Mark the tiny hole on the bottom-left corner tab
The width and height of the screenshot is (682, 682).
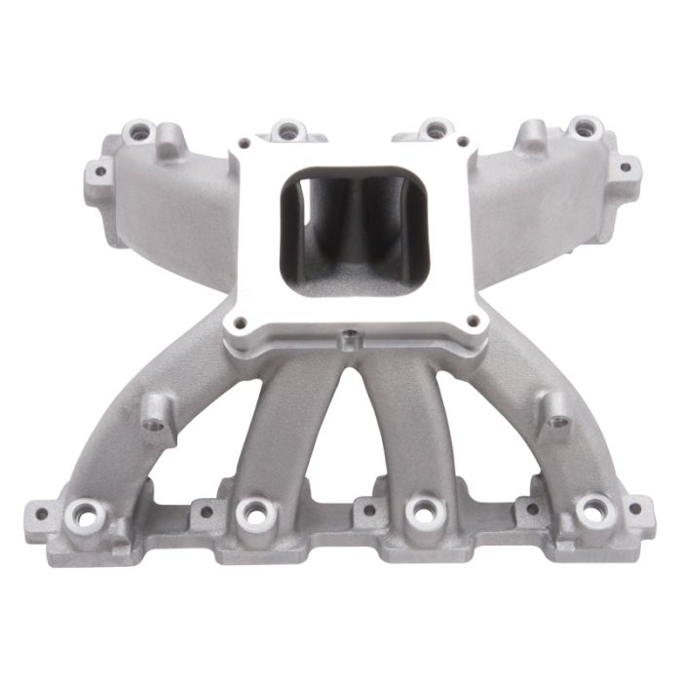click(42, 510)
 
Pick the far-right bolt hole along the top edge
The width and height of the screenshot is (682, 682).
click(583, 127)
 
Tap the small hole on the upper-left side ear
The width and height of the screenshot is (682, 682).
click(97, 172)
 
